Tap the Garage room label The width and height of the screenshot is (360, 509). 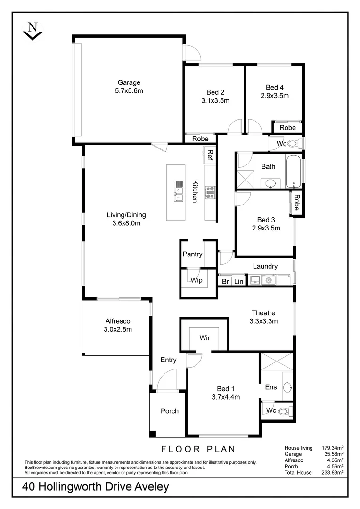129,82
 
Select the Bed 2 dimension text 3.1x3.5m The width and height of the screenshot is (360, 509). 215,100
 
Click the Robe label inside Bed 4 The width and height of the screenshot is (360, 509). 287,128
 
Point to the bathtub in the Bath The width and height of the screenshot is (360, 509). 294,171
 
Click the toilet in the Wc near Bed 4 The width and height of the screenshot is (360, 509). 293,143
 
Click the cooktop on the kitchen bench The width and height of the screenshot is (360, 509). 210,190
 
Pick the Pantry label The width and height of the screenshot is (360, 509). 192,254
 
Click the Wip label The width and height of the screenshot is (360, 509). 196,280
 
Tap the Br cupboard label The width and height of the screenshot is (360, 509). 225,281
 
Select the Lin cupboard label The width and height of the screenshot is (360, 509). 239,281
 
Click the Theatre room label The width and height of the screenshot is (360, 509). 263,313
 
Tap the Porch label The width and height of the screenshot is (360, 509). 170,411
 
